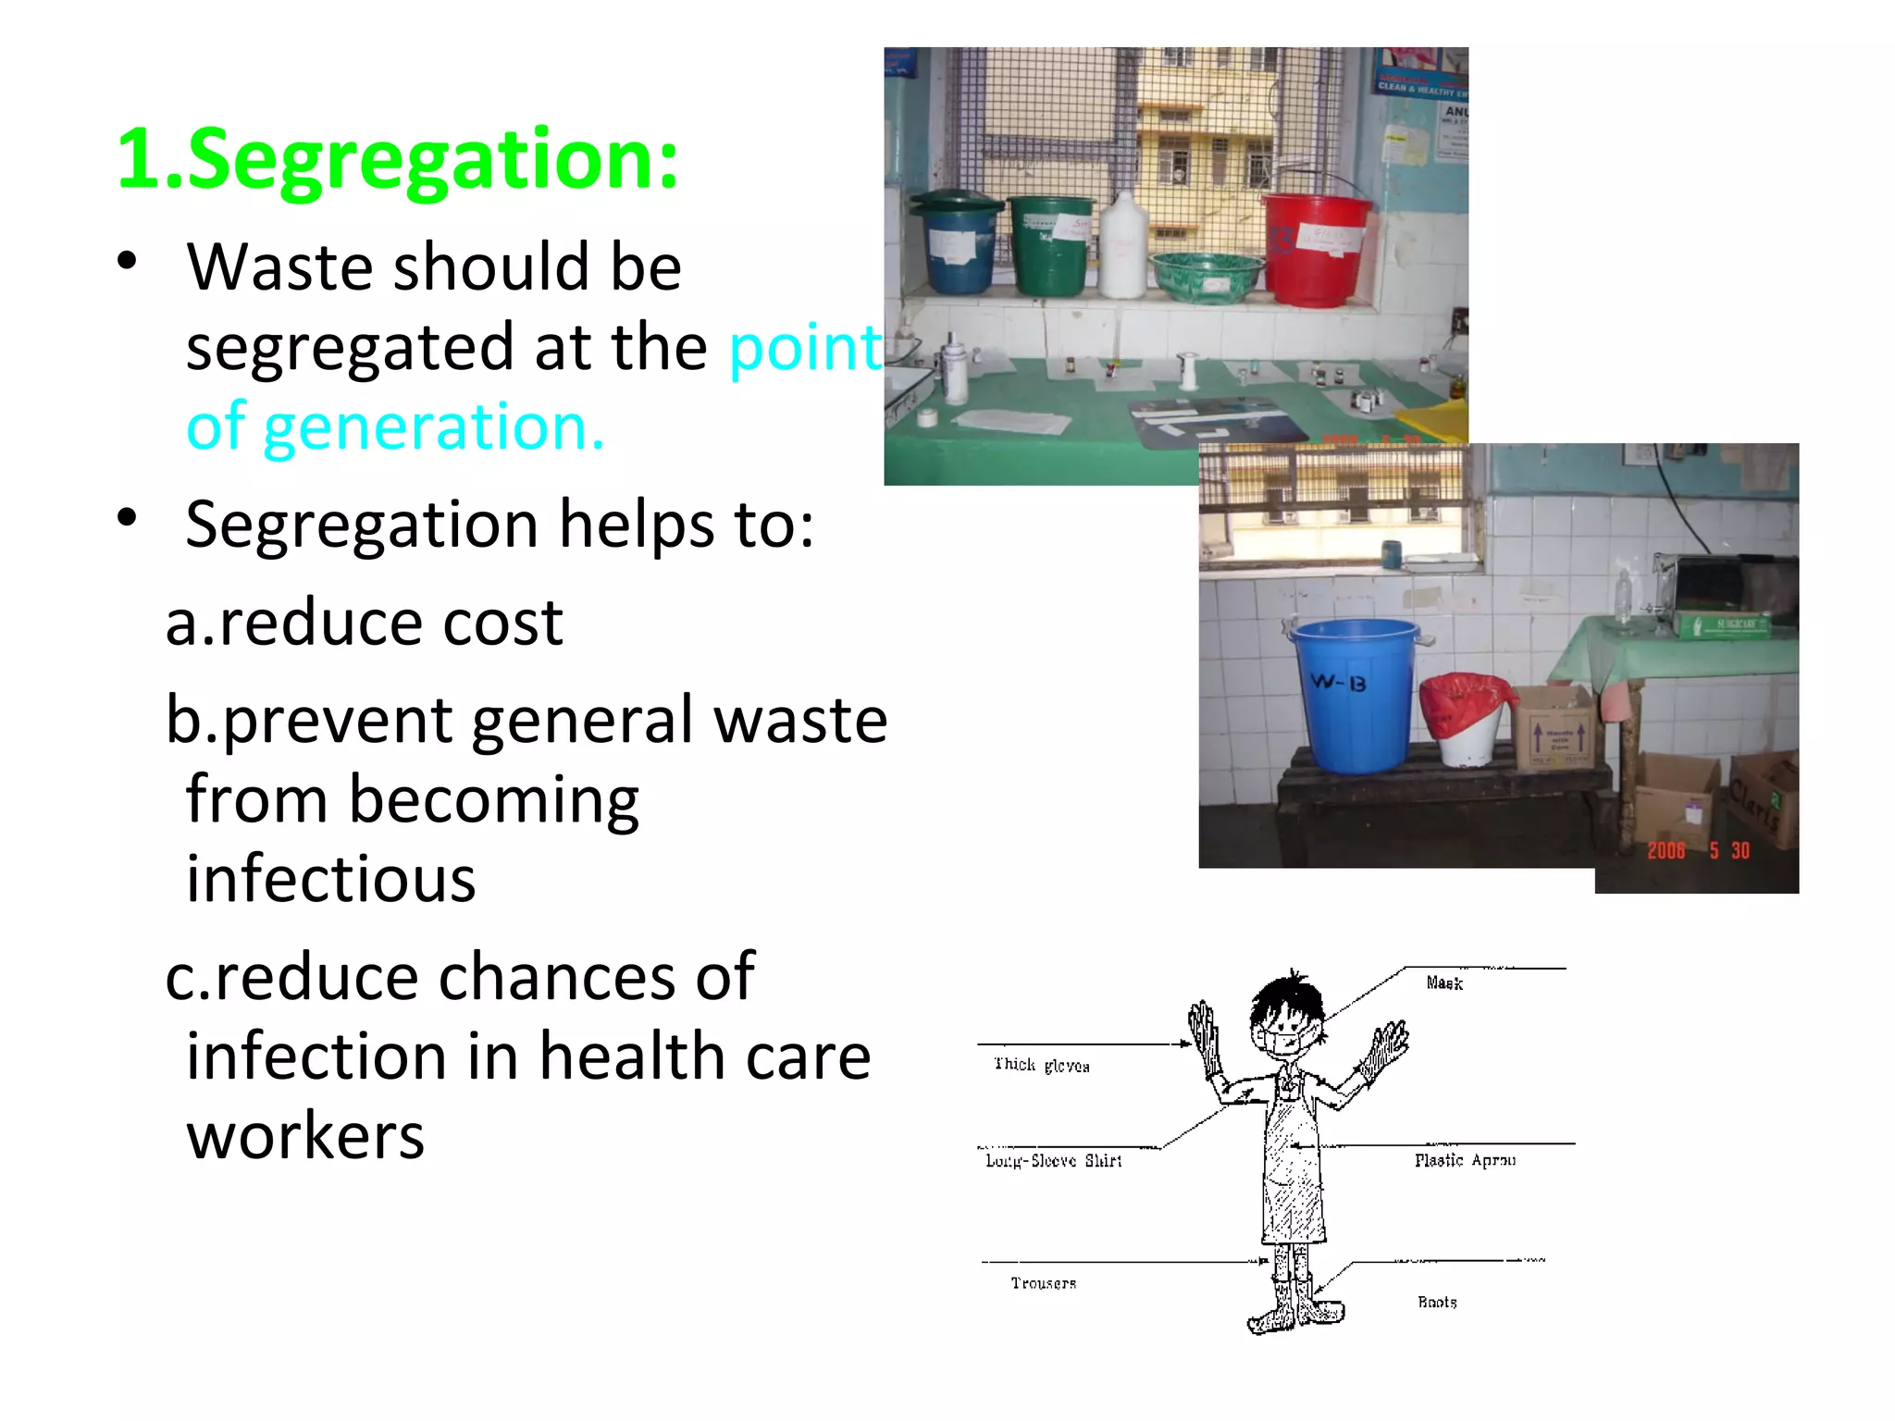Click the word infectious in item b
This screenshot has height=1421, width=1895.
(x=330, y=879)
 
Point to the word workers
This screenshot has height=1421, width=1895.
(x=305, y=1136)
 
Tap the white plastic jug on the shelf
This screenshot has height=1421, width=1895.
(x=1122, y=246)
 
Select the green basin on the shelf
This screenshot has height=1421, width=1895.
(x=1207, y=277)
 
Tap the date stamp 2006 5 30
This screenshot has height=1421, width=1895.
(x=1698, y=851)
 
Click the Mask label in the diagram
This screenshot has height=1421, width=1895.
(x=1443, y=982)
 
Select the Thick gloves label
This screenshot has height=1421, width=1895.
(x=1041, y=1065)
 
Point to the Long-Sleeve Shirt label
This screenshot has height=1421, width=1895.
(x=1053, y=1161)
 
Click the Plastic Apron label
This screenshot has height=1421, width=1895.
(x=1465, y=1160)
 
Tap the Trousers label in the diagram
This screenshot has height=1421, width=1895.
(x=1043, y=1283)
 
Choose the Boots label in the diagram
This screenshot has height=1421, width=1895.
(x=1437, y=1302)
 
